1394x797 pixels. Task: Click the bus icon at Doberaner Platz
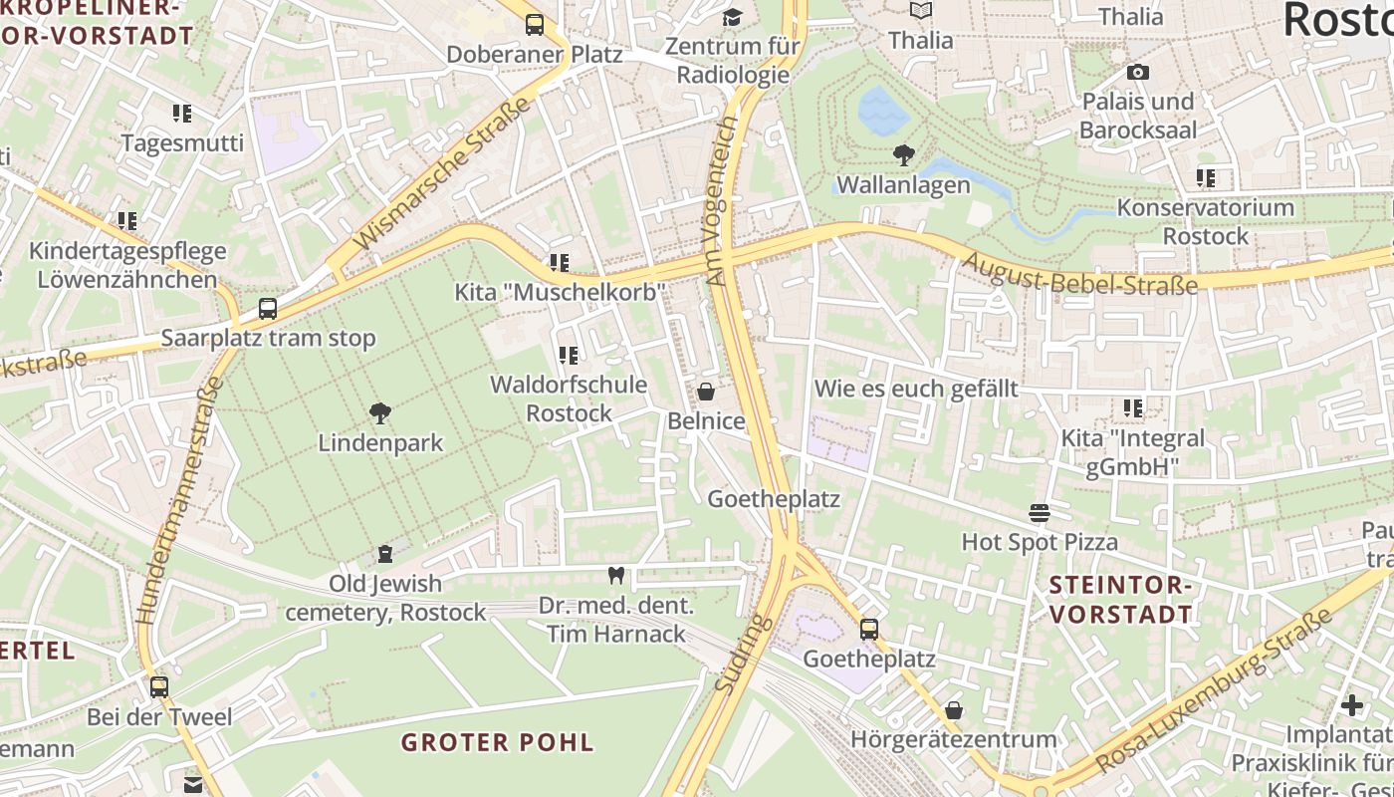tap(535, 25)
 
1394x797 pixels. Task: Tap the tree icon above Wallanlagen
tap(903, 155)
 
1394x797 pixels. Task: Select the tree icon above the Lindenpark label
tap(379, 413)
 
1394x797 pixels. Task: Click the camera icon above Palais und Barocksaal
tap(1137, 73)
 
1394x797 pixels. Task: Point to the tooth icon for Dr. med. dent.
tap(615, 575)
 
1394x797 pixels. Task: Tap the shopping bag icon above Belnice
tap(706, 392)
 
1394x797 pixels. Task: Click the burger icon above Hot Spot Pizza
tap(1040, 513)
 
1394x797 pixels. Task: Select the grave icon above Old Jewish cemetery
tap(385, 554)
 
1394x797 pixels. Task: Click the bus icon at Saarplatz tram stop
tap(268, 309)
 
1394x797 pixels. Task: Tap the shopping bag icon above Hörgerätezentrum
tap(953, 710)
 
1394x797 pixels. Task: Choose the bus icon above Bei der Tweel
tap(159, 687)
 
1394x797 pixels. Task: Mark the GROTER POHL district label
tap(497, 742)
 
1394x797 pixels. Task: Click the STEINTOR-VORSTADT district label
tap(1120, 599)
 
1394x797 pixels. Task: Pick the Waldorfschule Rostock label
tap(569, 398)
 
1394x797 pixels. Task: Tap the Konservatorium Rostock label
tap(1205, 222)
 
